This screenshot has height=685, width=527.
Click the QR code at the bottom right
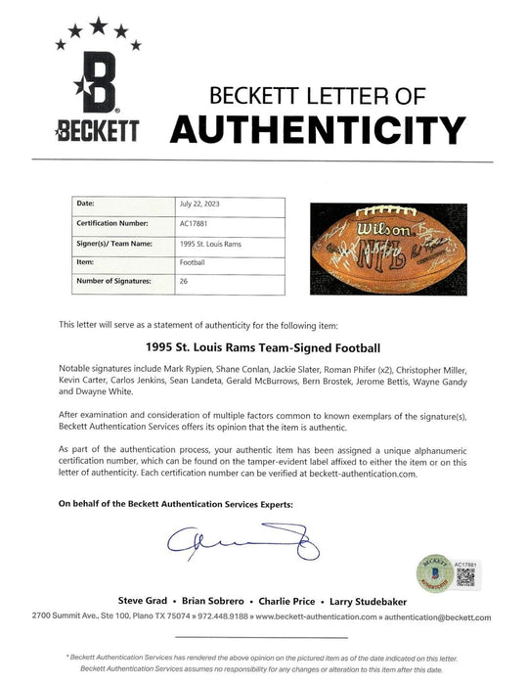(x=465, y=578)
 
